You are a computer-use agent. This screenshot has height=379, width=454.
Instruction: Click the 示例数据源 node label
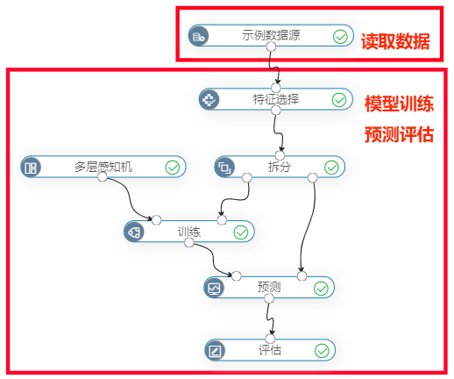(x=271, y=35)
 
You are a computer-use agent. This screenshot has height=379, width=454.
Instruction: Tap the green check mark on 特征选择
(x=339, y=100)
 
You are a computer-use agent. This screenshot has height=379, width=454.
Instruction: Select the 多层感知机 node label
(x=103, y=167)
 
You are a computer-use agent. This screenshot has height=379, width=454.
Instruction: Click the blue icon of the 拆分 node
(x=224, y=168)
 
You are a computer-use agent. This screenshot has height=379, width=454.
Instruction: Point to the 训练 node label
(x=189, y=232)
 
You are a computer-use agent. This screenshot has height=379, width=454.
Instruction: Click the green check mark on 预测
(x=321, y=289)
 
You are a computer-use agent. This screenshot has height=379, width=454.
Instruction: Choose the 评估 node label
(x=270, y=350)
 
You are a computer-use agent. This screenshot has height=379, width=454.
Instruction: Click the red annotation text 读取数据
(x=395, y=41)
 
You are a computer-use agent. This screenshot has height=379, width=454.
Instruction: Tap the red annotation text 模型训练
(x=399, y=104)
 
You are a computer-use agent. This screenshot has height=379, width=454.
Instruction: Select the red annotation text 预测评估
(x=399, y=134)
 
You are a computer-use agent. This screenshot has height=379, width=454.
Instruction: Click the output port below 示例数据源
(x=271, y=46)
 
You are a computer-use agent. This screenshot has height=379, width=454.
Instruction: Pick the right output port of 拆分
(x=312, y=177)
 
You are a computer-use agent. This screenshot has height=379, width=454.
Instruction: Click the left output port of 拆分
(x=247, y=177)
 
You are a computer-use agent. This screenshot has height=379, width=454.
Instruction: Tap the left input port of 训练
(x=156, y=220)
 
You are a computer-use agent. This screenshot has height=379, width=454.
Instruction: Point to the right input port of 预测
(x=301, y=275)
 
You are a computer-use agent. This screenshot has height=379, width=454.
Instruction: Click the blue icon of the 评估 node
(x=215, y=350)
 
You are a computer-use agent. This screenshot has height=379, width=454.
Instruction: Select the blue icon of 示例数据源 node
(x=199, y=36)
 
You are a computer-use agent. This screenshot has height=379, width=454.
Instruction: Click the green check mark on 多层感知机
(x=173, y=168)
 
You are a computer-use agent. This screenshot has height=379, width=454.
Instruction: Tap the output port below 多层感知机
(x=103, y=176)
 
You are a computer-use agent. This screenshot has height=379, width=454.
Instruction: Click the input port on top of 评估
(x=270, y=339)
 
